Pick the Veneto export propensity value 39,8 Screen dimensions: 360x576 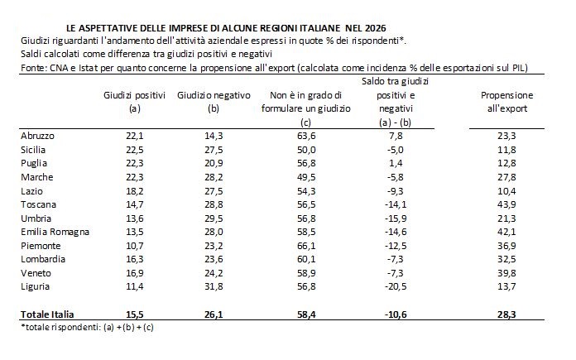(505, 272)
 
